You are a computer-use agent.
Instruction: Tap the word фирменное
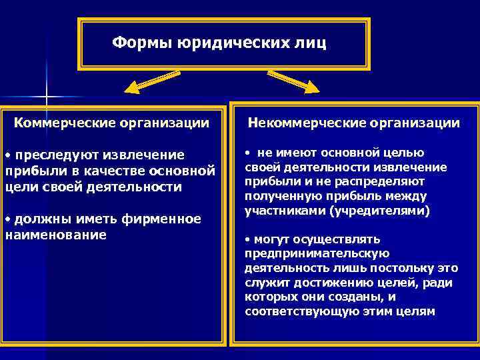pyautogui.click(x=158, y=219)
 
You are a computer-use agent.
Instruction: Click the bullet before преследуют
pyautogui.click(x=7, y=155)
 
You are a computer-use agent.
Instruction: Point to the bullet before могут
pyautogui.click(x=247, y=239)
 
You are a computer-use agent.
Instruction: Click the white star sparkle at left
pyautogui.click(x=47, y=97)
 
